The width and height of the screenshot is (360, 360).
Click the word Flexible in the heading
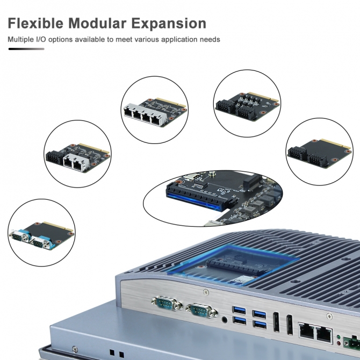pos(35,24)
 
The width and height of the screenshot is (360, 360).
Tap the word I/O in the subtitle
pos(40,39)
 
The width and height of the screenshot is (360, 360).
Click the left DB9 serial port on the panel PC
pos(167,303)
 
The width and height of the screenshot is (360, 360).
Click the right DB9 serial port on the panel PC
pos(201,311)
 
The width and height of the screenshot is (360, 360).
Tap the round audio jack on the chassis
pos(224,320)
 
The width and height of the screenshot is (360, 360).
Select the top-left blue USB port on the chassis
pos(239,310)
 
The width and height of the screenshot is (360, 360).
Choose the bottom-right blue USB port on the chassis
pos(260,325)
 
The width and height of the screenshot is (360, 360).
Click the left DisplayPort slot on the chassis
pos(276,322)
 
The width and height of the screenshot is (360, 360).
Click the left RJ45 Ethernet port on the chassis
pos(307,330)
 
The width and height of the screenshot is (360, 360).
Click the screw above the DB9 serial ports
pos(206,292)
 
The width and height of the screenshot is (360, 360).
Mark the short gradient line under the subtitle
pos(26,49)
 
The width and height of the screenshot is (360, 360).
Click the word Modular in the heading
pos(97,24)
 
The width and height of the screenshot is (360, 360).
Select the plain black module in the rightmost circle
pos(319,153)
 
